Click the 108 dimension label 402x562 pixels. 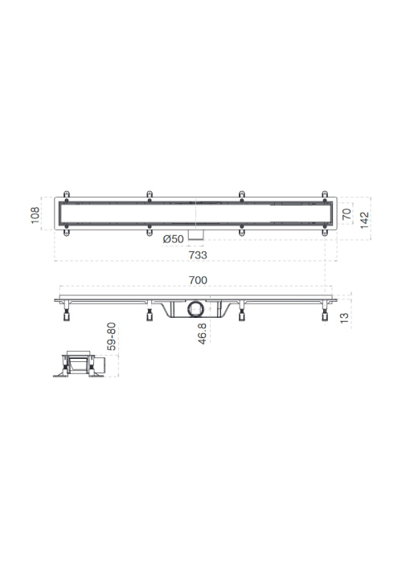tap(35, 215)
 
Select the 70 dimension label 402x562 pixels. tap(347, 214)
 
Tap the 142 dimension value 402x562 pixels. tap(364, 220)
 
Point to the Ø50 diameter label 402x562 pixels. tap(174, 239)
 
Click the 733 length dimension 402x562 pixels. tap(198, 255)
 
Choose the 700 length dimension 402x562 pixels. tap(198, 280)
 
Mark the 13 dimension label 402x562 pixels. tap(344, 318)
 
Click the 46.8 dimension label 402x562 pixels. tap(202, 334)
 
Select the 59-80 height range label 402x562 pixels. tap(111, 336)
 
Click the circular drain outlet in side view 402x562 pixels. tap(195, 309)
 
